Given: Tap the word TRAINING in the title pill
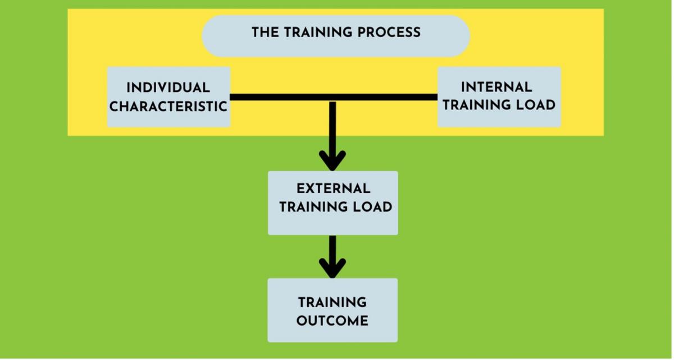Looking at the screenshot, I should (x=313, y=32).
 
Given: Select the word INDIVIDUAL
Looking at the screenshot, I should (x=168, y=88).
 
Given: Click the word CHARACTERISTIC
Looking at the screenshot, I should (x=168, y=106).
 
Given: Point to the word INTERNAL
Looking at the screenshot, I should (x=497, y=87).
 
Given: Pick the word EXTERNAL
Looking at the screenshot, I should (x=333, y=189).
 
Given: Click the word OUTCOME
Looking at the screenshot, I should (x=333, y=321).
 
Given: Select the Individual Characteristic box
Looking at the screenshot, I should (x=168, y=118).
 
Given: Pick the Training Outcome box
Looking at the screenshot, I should (x=333, y=334).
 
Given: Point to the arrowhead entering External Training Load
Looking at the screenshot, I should (x=333, y=160).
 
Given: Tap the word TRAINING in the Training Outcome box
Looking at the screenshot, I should (x=333, y=302).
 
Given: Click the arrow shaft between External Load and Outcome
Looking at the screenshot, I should (x=333, y=247).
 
